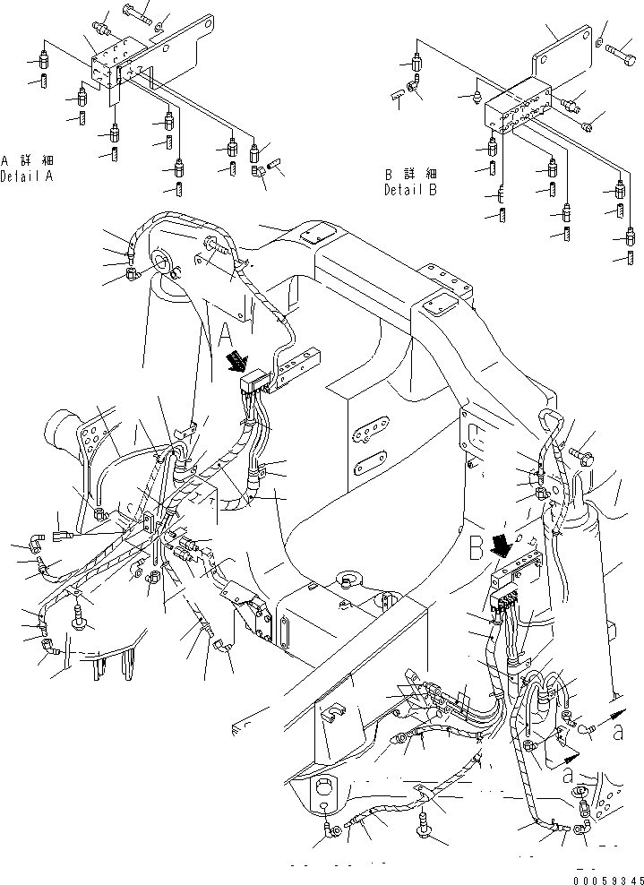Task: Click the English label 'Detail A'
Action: pyautogui.click(x=27, y=176)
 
